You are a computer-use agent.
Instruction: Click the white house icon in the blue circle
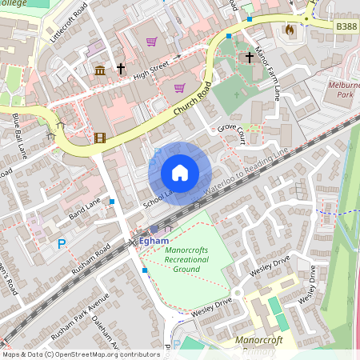click(180, 173)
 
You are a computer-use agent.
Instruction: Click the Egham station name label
click(154, 239)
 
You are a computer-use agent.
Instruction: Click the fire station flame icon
click(289, 29)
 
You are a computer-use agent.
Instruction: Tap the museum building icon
click(100, 72)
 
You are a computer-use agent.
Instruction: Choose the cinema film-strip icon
click(99, 138)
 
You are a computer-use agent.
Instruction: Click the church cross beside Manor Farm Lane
click(250, 57)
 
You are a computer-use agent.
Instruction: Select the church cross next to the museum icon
click(121, 70)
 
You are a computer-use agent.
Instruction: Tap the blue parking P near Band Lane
click(61, 244)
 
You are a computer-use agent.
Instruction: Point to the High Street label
click(152, 63)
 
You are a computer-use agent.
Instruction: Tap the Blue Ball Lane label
click(23, 135)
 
